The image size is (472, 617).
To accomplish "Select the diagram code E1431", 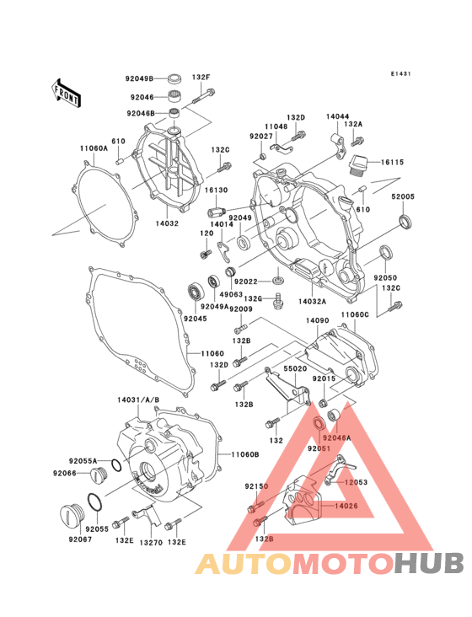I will point(400,74).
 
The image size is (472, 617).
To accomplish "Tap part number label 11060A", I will point(94,148).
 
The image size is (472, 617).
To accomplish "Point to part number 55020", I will point(295,368).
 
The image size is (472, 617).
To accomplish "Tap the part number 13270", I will point(151,542).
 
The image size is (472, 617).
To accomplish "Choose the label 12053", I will point(354,482).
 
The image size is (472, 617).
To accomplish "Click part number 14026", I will point(347,505).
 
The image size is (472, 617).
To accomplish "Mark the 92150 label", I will point(256,487).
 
